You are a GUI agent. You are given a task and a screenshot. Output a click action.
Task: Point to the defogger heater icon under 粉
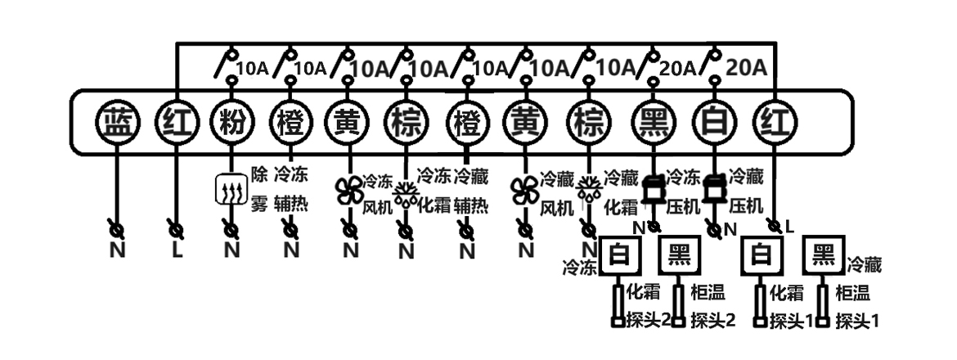tap(231, 190)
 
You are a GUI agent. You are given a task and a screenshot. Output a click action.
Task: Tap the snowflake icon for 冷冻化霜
tap(405, 195)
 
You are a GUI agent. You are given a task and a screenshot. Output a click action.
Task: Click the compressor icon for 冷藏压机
tap(715, 190)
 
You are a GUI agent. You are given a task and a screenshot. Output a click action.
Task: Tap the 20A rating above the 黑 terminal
tap(677, 68)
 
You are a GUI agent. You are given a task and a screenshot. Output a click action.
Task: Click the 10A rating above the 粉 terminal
tap(250, 68)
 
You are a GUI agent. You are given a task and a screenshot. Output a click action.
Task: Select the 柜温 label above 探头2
tap(706, 292)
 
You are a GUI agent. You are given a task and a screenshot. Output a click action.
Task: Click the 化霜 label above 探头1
tap(786, 292)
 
